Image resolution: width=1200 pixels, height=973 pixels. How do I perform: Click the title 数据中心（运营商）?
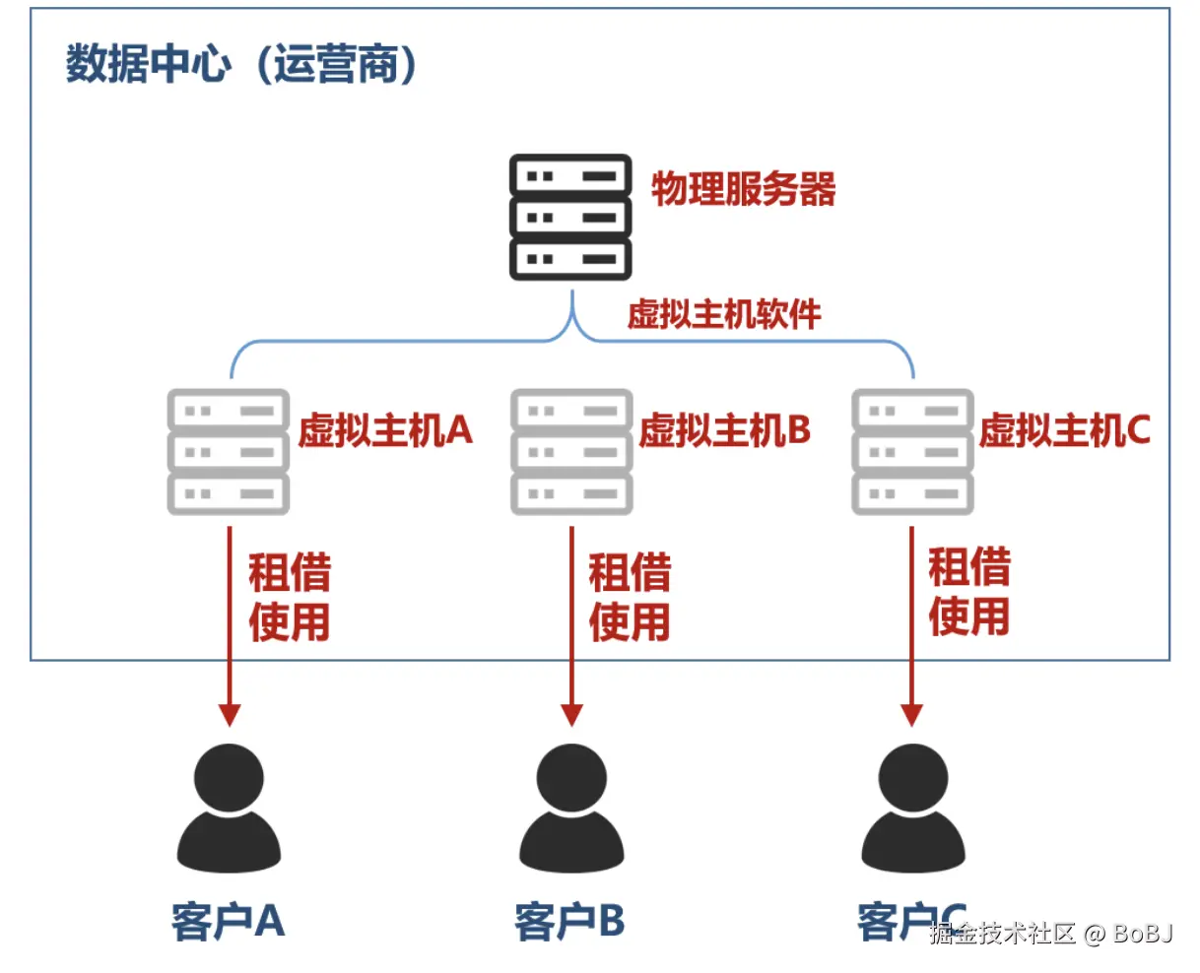pos(241,64)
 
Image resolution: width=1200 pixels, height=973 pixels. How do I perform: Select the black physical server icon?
pos(570,217)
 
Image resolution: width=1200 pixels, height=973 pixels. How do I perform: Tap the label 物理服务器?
pos(743,189)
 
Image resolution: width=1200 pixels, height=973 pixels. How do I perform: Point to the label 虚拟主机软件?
pos(724,314)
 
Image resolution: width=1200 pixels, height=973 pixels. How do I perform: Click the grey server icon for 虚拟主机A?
pos(229,452)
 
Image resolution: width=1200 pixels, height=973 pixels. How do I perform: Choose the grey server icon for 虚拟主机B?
pos(571,452)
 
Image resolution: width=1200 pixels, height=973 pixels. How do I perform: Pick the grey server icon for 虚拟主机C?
pos(912,452)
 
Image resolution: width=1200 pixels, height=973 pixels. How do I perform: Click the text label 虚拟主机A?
pos(385,430)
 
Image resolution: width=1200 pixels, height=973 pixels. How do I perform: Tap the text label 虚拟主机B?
pos(724,430)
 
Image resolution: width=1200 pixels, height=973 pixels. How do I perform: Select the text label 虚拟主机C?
pos(1064,430)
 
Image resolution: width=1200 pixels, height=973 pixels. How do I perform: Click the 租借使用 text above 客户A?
pos(289,597)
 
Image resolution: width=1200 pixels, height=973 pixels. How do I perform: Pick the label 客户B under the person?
pos(569,922)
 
